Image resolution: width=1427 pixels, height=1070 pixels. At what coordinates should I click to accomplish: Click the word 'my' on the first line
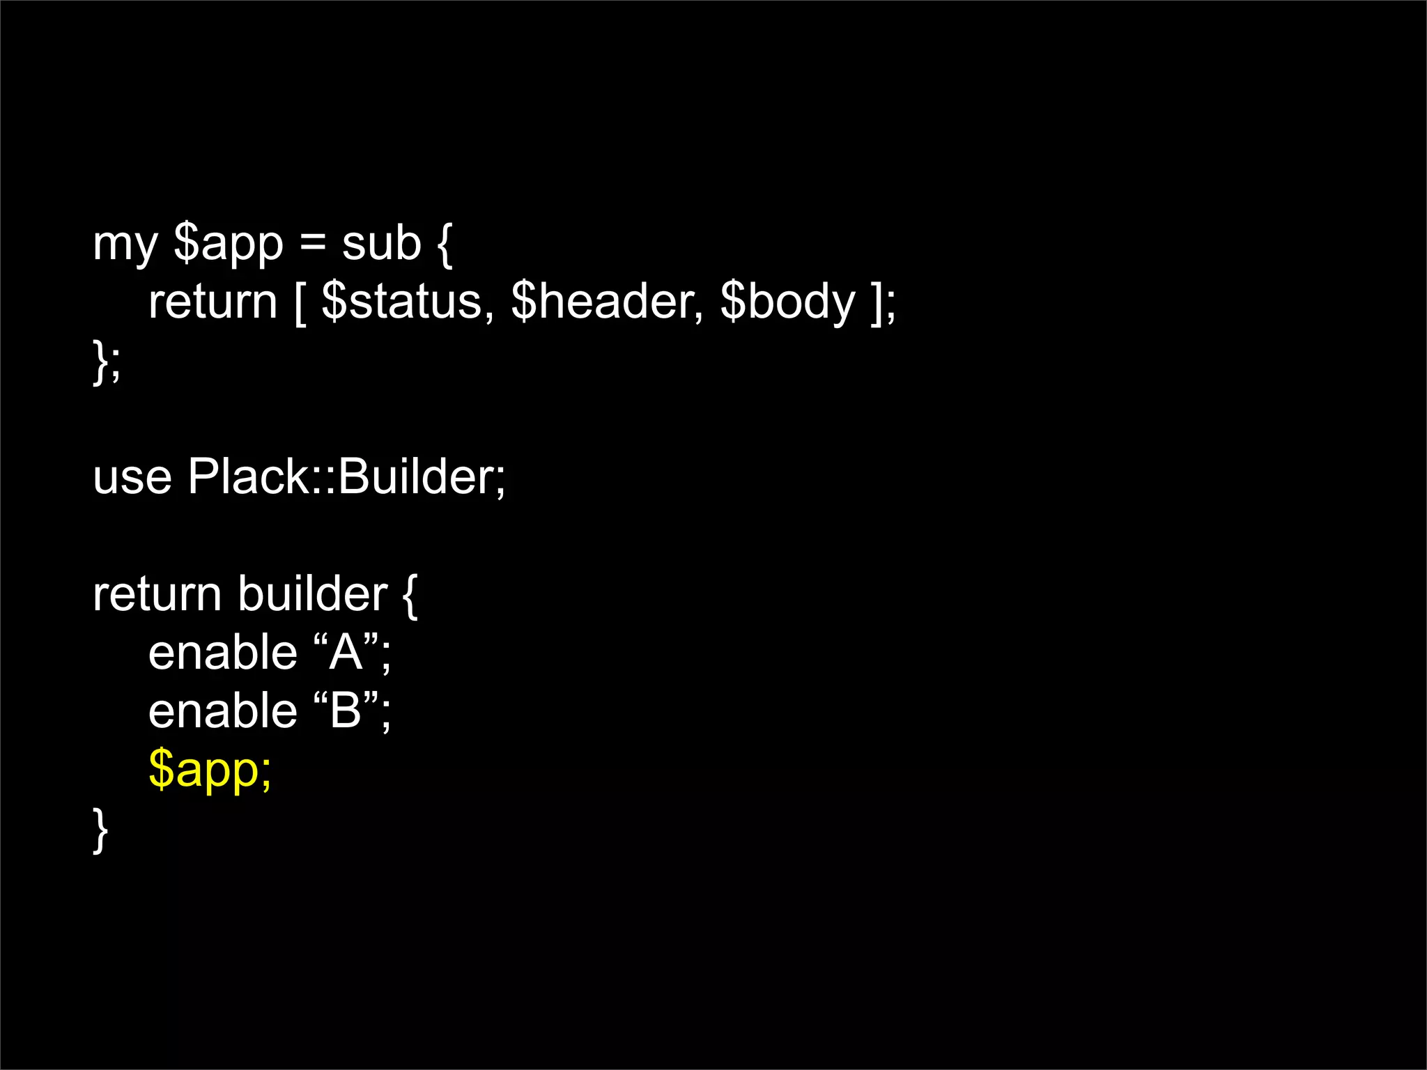click(125, 246)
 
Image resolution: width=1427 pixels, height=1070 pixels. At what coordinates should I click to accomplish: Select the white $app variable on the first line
click(228, 246)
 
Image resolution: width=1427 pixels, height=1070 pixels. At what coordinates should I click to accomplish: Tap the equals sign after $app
click(313, 245)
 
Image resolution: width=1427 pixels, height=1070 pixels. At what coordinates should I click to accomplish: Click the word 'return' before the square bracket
click(213, 302)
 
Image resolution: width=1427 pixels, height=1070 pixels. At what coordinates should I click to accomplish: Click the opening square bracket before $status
click(300, 304)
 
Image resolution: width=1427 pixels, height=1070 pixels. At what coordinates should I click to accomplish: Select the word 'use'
click(132, 478)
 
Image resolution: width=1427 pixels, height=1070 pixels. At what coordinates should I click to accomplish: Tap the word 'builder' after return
click(312, 594)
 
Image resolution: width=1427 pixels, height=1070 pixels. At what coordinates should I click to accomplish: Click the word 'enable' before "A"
click(223, 653)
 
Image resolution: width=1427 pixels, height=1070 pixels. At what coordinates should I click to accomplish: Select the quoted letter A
click(346, 653)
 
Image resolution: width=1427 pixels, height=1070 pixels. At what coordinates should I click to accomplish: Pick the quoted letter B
click(346, 711)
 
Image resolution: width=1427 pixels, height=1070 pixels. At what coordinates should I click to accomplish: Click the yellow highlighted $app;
click(210, 771)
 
